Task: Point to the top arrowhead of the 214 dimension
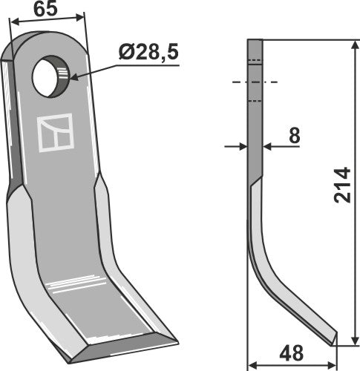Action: tap(356, 44)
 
